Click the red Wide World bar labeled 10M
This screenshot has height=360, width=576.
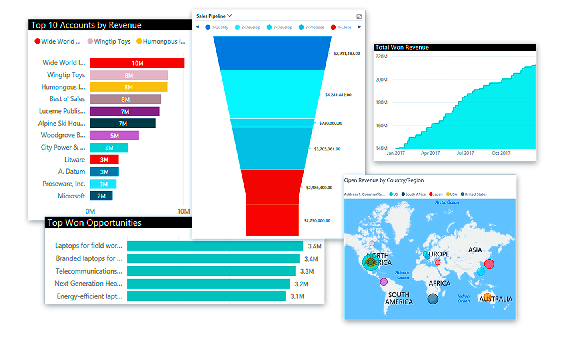[x=137, y=63]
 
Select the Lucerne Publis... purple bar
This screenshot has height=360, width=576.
[x=124, y=112]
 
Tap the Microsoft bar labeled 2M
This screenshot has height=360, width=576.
[x=101, y=196]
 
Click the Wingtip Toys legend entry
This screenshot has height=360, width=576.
[x=109, y=41]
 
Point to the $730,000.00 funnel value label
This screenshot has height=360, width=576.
[x=331, y=123]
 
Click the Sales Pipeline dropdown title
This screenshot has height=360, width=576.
[x=214, y=16]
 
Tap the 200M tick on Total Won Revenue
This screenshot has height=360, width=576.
[x=381, y=80]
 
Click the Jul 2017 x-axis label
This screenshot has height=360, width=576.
[x=465, y=153]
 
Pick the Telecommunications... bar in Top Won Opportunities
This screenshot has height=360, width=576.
[x=211, y=271]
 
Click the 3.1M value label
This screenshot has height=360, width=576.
[x=297, y=296]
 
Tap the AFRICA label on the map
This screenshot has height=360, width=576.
[x=439, y=283]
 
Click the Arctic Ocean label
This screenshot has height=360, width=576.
[x=447, y=202]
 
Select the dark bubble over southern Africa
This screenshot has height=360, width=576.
[x=433, y=298]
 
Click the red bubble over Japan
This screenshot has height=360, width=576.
[x=489, y=264]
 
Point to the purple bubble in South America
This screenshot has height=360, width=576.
[x=384, y=282]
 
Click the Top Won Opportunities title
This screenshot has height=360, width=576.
[x=94, y=223]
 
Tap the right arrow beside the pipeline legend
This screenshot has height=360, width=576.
[x=359, y=27]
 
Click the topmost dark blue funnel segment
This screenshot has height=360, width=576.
[x=272, y=53]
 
